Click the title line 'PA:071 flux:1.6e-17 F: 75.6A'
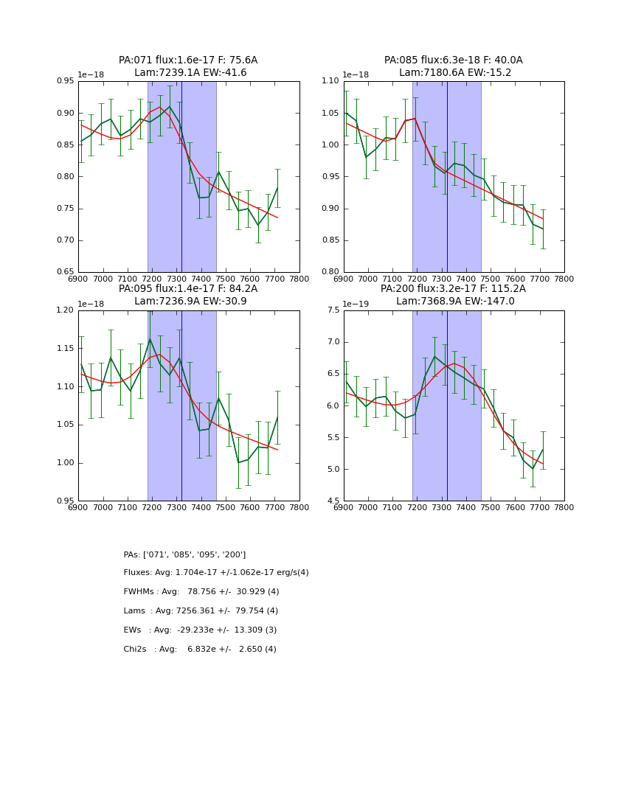[x=188, y=60]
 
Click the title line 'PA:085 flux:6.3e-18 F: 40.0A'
[x=453, y=60]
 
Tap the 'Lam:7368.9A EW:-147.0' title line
[x=453, y=302]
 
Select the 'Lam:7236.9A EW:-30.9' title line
[x=188, y=302]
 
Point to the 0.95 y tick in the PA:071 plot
[x=66, y=81]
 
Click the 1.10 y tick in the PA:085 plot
[x=330, y=81]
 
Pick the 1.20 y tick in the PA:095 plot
[x=66, y=310]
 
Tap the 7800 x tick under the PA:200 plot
[x=564, y=507]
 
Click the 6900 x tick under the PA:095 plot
[x=78, y=507]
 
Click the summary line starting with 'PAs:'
[x=184, y=554]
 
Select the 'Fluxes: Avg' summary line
[x=216, y=573]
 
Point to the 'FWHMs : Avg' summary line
[x=201, y=592]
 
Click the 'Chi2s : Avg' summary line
[x=200, y=650]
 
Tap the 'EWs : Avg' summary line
[x=200, y=630]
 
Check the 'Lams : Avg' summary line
[x=201, y=611]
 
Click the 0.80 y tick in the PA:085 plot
[x=330, y=272]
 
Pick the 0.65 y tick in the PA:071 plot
[x=66, y=272]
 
